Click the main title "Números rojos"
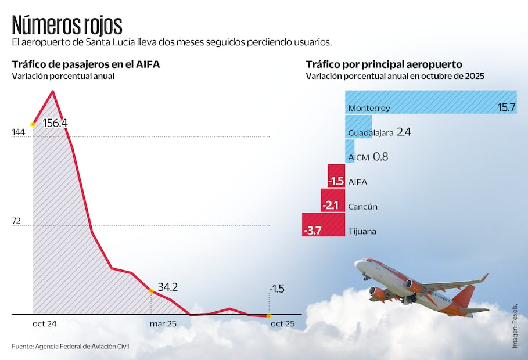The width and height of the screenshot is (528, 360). pyautogui.click(x=67, y=25)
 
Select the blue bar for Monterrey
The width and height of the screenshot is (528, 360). pyautogui.click(x=430, y=102)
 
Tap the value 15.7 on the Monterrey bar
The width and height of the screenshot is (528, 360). pyautogui.click(x=507, y=108)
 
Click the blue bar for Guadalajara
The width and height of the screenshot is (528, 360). pyautogui.click(x=358, y=127)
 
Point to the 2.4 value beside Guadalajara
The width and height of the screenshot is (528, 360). pyautogui.click(x=404, y=132)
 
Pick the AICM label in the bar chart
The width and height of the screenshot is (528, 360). pyautogui.click(x=358, y=157)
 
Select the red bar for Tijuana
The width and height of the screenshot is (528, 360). pyautogui.click(x=324, y=225)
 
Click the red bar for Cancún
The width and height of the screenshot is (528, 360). pyautogui.click(x=332, y=200)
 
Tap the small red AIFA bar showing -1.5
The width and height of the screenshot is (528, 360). pyautogui.click(x=336, y=175)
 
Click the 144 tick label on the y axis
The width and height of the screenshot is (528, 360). pyautogui.click(x=19, y=133)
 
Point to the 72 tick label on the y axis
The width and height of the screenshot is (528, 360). pyautogui.click(x=17, y=221)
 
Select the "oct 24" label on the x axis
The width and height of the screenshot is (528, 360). pyautogui.click(x=44, y=323)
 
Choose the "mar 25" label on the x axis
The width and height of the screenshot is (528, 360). pyautogui.click(x=163, y=323)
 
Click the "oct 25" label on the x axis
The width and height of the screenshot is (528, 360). pyautogui.click(x=282, y=323)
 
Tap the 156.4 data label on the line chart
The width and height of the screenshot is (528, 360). pyautogui.click(x=55, y=123)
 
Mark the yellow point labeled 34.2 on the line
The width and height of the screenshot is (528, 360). pyautogui.click(x=151, y=290)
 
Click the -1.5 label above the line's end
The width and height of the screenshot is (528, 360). pyautogui.click(x=276, y=289)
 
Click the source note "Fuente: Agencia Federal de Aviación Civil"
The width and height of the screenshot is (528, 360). pyautogui.click(x=71, y=347)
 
